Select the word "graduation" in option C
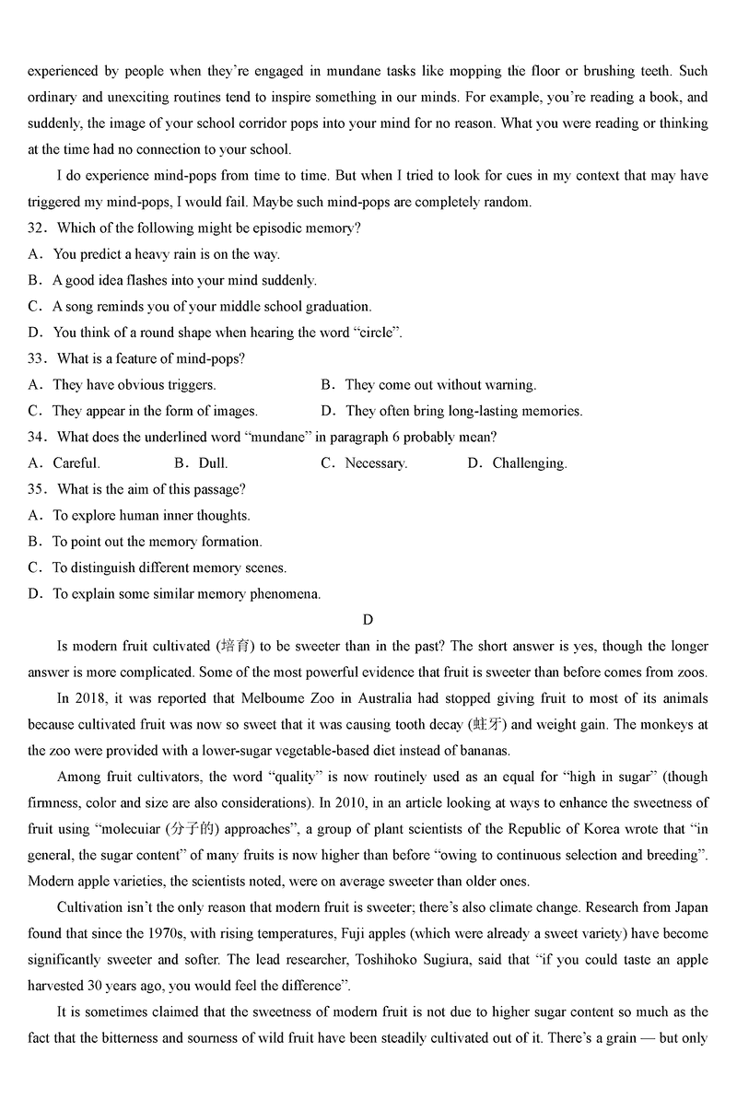tap(338, 306)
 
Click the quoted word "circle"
tap(378, 333)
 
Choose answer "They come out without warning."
tap(439, 385)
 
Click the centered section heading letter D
tap(368, 620)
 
